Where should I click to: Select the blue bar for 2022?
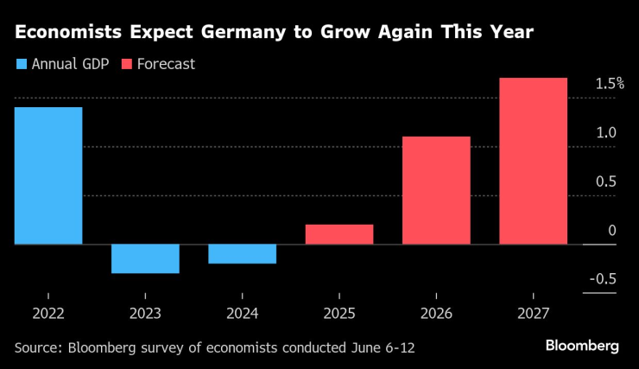pyautogui.click(x=48, y=175)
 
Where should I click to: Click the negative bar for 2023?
pyautogui.click(x=145, y=259)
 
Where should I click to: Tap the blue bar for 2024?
pyautogui.click(x=243, y=254)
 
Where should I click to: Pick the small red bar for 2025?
pyautogui.click(x=339, y=234)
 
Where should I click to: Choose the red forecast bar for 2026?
pyautogui.click(x=436, y=190)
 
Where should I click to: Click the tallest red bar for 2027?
pyautogui.click(x=533, y=161)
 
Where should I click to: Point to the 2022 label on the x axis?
pyautogui.click(x=48, y=315)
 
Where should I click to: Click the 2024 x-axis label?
pyautogui.click(x=243, y=315)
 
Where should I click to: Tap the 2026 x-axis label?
pyautogui.click(x=436, y=315)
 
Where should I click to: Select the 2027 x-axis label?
pyautogui.click(x=533, y=315)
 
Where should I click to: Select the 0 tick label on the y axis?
pyautogui.click(x=611, y=230)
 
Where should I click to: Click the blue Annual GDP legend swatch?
pyautogui.click(x=21, y=64)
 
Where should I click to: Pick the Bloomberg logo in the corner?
pyautogui.click(x=582, y=346)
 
